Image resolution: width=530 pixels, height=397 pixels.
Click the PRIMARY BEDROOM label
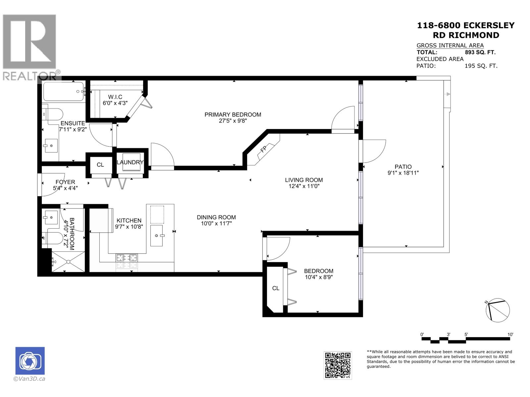click(x=233, y=115)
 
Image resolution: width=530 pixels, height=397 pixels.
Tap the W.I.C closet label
click(x=115, y=97)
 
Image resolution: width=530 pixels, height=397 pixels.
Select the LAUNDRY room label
click(x=130, y=162)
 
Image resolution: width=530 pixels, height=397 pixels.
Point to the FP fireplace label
click(x=263, y=149)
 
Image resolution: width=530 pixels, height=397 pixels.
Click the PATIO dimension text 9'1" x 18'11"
click(x=403, y=173)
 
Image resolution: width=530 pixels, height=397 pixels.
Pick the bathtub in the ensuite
click(x=64, y=92)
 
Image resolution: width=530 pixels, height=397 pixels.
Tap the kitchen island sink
click(x=156, y=236)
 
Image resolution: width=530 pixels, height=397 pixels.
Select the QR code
click(x=338, y=366)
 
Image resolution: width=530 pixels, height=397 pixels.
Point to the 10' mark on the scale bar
click(x=510, y=334)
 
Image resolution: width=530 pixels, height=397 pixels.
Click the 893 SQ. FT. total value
click(x=480, y=52)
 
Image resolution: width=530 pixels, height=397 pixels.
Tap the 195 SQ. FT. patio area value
click(x=481, y=66)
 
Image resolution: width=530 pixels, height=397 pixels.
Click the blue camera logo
click(x=30, y=361)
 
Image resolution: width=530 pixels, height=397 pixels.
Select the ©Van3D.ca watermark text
click(x=29, y=379)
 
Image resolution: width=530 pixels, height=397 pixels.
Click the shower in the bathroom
click(x=68, y=262)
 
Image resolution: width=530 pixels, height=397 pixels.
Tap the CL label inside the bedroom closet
click(x=276, y=288)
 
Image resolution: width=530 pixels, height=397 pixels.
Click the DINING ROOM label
click(x=216, y=217)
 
